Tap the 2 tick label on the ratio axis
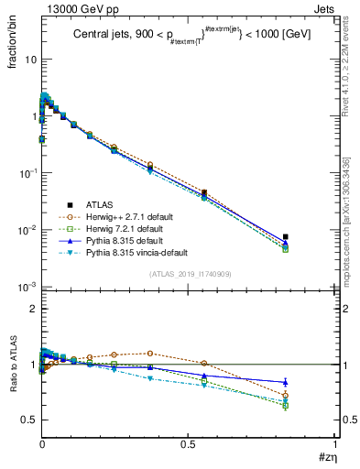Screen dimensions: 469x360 (29, 310)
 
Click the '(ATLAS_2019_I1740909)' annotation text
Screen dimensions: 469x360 (189, 274)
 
